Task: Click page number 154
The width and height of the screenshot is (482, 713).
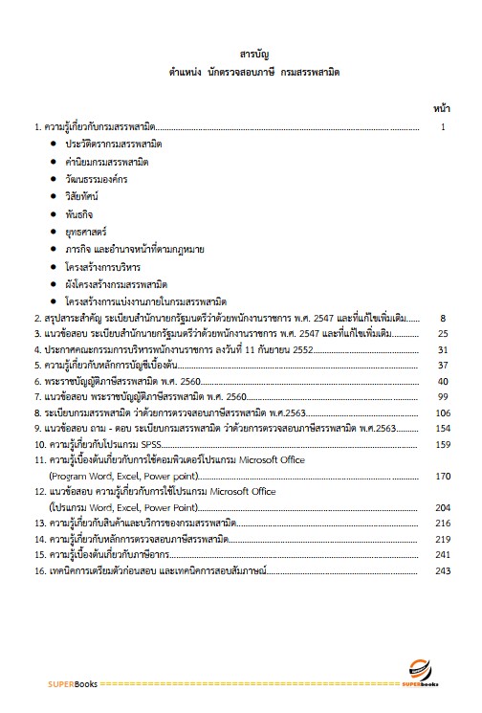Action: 441,430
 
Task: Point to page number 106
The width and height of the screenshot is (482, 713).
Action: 441,413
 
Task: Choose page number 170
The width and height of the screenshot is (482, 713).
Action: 441,476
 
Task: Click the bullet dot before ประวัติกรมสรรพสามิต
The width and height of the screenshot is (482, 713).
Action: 53,143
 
